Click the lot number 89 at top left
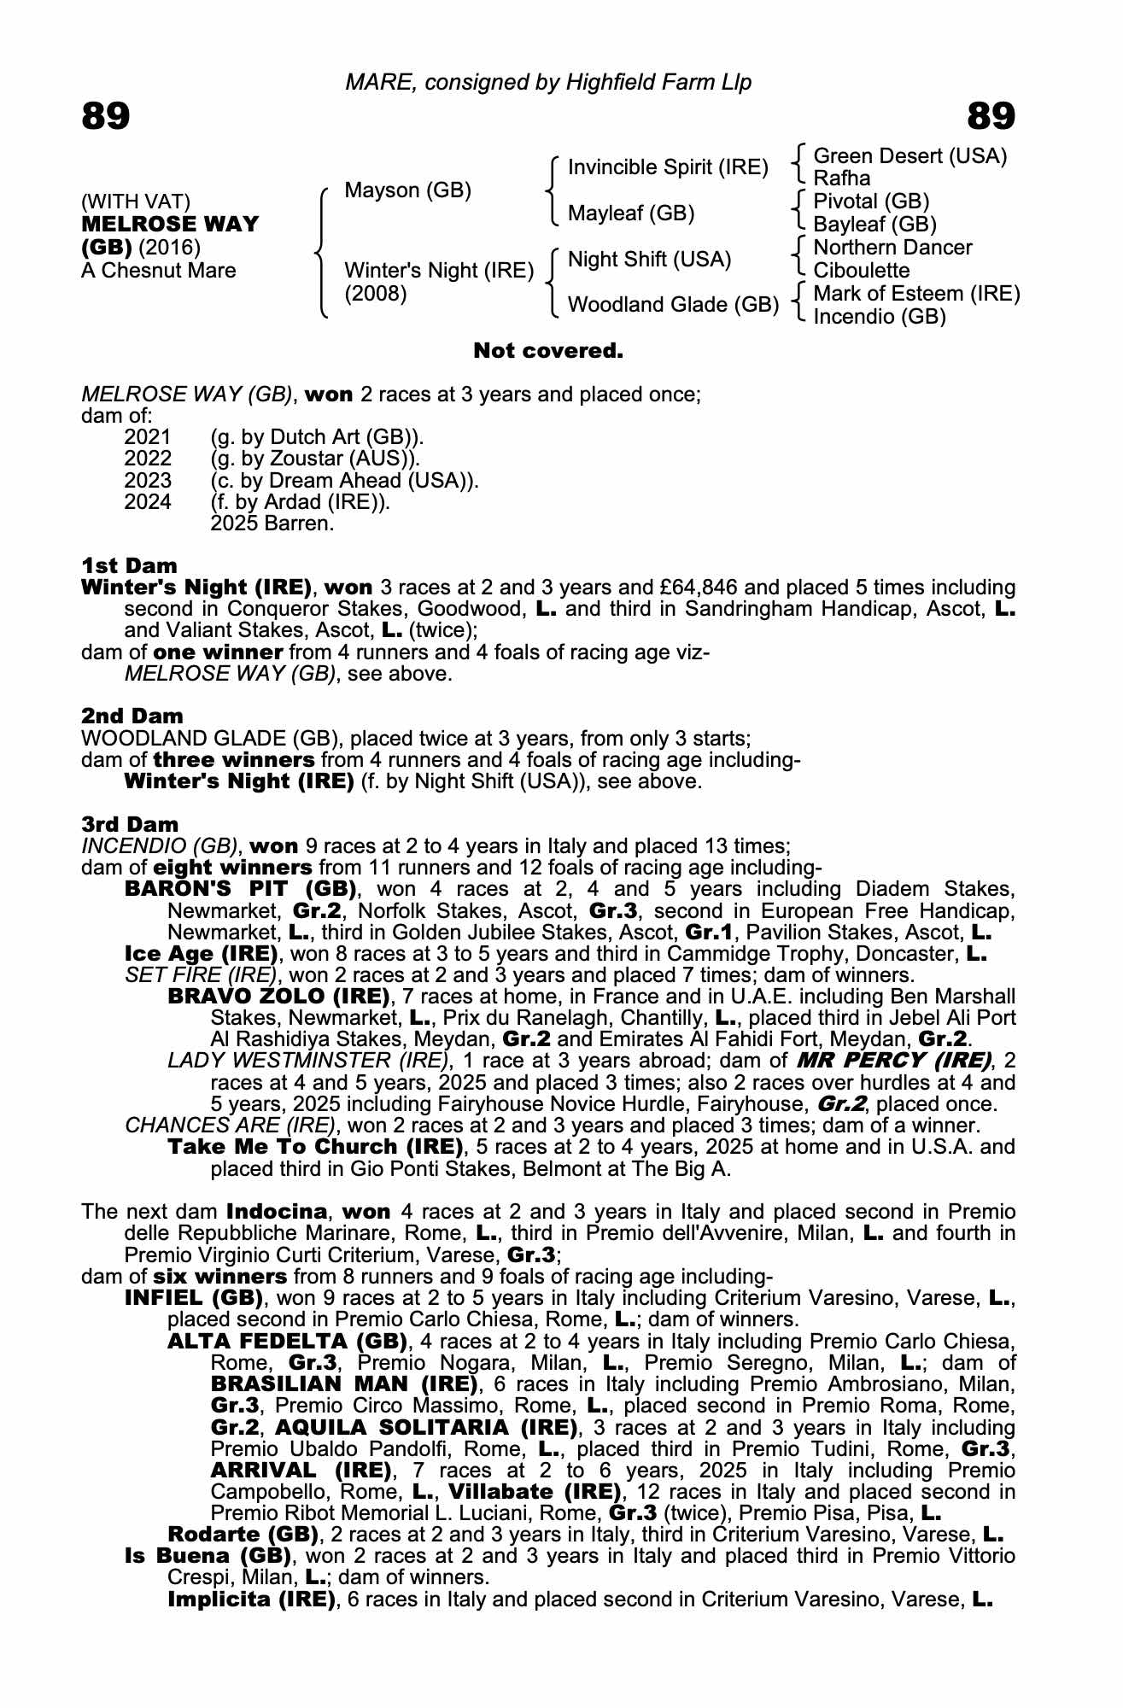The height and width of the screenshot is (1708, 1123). (106, 115)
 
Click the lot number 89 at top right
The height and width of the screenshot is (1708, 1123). (991, 115)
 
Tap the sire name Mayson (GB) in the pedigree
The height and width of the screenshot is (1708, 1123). (407, 190)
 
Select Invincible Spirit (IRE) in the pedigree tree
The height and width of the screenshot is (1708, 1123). (668, 167)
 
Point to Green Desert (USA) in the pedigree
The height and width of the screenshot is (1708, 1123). (910, 155)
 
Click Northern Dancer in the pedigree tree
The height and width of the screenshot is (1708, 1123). (892, 248)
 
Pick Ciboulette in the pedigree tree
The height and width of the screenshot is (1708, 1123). (861, 271)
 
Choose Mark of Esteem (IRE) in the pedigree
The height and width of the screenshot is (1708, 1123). (916, 294)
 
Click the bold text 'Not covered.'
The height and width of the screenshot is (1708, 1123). (548, 350)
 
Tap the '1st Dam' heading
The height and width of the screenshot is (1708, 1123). (130, 565)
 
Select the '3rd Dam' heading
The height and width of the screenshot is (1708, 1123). (130, 824)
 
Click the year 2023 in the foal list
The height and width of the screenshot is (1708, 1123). (148, 480)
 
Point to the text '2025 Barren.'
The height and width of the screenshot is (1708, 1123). (272, 523)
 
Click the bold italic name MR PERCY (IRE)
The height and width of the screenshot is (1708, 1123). (894, 1061)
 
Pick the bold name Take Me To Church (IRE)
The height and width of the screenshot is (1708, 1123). (315, 1146)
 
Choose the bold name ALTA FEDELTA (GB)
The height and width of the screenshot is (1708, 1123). (287, 1341)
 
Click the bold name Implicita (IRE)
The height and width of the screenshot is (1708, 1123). (251, 1599)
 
